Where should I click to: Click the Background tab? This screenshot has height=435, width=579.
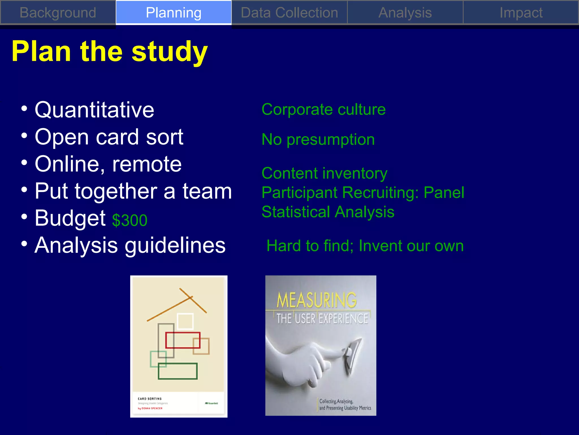click(58, 13)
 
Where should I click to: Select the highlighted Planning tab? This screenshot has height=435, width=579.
click(174, 13)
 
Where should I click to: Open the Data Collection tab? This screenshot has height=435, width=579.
click(289, 13)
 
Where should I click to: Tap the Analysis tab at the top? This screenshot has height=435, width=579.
click(405, 13)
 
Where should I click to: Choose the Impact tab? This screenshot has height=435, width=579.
click(521, 13)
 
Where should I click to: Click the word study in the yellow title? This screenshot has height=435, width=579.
click(170, 52)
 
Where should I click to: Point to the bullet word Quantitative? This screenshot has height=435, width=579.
click(94, 110)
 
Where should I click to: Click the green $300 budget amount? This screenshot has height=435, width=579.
click(130, 220)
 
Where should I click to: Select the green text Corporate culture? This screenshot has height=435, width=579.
click(323, 109)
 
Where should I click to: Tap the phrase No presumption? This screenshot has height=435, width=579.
click(318, 139)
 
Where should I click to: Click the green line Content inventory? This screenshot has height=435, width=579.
click(324, 173)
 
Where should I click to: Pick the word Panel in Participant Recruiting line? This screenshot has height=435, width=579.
click(444, 193)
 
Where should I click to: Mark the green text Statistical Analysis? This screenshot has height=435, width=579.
click(328, 212)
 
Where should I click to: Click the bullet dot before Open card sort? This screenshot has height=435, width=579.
click(24, 136)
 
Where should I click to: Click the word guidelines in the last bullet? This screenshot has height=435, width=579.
click(175, 245)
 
